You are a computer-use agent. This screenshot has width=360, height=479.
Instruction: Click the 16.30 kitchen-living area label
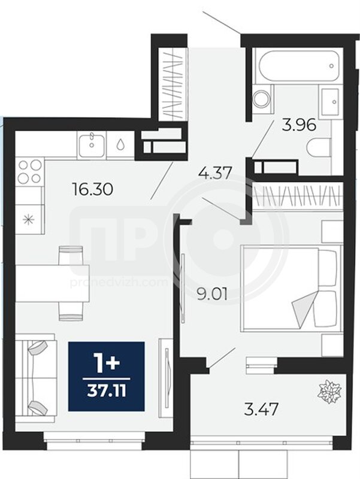tap(92, 189)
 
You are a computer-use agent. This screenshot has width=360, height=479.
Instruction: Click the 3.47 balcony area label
tap(261, 409)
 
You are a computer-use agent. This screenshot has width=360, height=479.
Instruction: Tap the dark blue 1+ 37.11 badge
tap(106, 377)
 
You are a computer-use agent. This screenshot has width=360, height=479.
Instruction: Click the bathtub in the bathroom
tap(299, 66)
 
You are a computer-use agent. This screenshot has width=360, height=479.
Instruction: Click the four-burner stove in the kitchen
tap(29, 172)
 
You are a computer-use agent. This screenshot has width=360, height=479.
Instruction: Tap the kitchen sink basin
tap(92, 145)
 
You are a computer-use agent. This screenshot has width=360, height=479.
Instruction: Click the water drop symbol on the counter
tap(121, 144)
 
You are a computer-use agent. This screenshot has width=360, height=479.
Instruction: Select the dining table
tap(53, 283)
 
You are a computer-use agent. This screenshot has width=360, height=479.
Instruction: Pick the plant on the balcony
tap(329, 392)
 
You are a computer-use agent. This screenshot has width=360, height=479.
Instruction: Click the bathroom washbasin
tap(329, 102)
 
